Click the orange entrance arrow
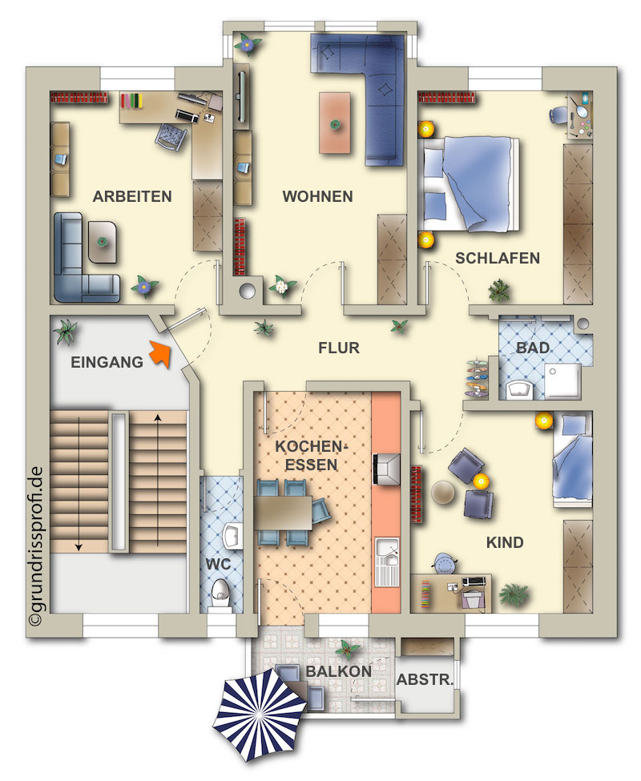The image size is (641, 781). [161, 353]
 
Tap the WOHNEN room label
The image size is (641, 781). [318, 197]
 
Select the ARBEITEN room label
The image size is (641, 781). [132, 197]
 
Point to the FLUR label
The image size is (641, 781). [339, 348]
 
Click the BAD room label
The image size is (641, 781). [533, 348]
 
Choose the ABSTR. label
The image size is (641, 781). [425, 679]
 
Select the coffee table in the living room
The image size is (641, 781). [335, 123]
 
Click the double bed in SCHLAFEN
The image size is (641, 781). [470, 184]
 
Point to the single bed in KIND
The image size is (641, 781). [572, 460]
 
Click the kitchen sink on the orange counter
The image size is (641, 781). [387, 562]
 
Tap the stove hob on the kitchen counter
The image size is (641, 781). [386, 469]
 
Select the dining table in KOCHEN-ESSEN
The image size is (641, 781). [283, 513]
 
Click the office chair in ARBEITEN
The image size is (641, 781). [171, 135]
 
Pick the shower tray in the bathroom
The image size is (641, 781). [562, 381]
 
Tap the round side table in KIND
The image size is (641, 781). [443, 492]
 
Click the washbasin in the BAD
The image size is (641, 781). [519, 389]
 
